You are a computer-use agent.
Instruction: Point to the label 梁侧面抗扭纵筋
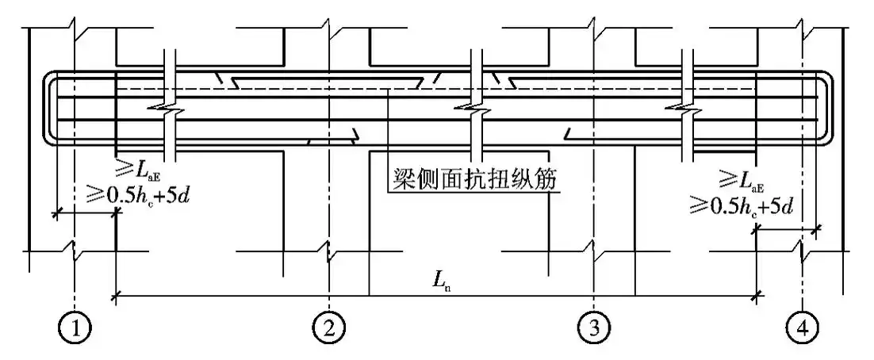pyautogui.click(x=473, y=181)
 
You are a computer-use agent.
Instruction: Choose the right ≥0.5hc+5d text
pyautogui.click(x=742, y=205)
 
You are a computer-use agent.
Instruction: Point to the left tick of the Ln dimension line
pyautogui.click(x=117, y=297)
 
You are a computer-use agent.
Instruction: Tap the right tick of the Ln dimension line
pyautogui.click(x=757, y=297)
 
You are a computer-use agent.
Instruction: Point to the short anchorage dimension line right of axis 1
pyautogui.click(x=86, y=213)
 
